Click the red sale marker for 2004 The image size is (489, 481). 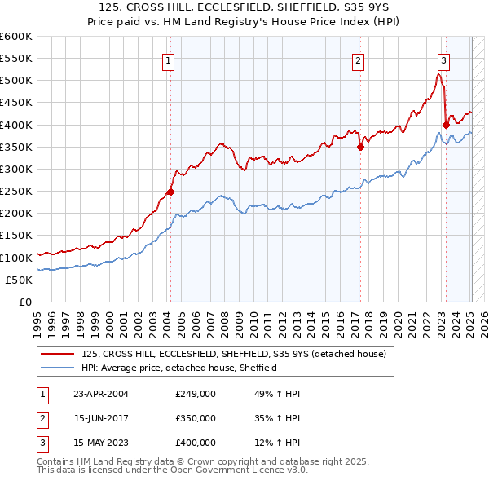coord(170,192)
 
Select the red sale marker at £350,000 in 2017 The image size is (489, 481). coord(359,148)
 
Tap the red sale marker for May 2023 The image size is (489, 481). coord(445,125)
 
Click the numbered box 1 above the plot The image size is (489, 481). coord(167,60)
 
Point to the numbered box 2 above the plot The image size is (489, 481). coord(358,60)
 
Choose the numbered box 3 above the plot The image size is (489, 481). coord(443,60)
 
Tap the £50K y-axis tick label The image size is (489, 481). coord(20,280)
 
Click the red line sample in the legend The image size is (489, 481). coord(59,354)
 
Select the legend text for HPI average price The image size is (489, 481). coord(179,368)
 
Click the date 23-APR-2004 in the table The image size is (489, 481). coord(102,394)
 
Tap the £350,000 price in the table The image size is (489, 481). coord(195,418)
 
